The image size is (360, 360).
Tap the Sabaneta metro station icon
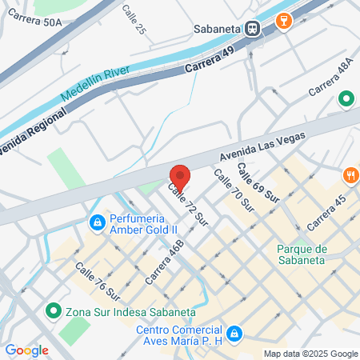point(253,29)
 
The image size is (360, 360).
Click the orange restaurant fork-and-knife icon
point(350,174)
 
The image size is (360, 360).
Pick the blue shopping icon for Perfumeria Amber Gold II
point(97,221)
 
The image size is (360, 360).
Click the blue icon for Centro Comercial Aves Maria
point(234,333)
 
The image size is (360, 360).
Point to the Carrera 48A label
point(330,78)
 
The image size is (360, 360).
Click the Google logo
point(26,350)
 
